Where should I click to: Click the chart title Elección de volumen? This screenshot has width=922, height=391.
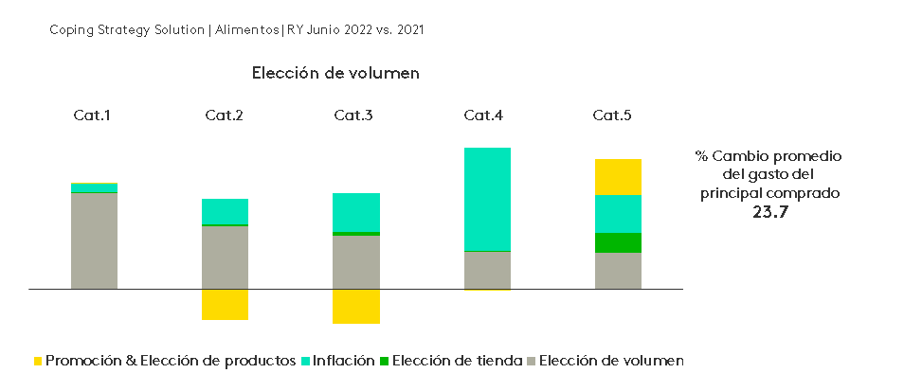pos(335,73)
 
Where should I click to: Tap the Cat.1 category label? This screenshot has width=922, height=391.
pos(93,116)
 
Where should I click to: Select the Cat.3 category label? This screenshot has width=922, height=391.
pos(353,116)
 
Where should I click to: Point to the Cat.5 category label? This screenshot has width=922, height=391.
pos(612,116)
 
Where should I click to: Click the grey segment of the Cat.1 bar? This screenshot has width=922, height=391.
pos(94,240)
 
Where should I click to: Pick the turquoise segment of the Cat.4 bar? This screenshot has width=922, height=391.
pos(487,199)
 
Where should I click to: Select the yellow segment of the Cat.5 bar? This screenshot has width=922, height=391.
pos(618,177)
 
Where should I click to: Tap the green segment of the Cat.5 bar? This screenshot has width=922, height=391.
pos(618,242)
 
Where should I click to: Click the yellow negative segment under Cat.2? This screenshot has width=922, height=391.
pos(225,304)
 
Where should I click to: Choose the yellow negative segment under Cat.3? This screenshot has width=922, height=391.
pos(356,306)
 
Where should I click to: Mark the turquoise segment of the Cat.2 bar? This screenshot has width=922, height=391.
pos(225,211)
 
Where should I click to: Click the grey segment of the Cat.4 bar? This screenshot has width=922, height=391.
pos(487,270)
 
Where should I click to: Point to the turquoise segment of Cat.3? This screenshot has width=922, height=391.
pos(356,212)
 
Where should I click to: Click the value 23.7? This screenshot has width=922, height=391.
pos(769,213)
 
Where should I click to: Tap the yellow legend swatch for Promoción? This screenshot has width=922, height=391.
pos(38,361)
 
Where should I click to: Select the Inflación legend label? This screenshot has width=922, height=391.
pos(343,361)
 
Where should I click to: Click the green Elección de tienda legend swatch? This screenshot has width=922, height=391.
pos(384,361)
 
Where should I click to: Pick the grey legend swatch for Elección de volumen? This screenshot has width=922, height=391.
pos(532,361)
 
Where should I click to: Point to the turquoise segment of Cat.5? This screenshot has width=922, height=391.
pos(618,214)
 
